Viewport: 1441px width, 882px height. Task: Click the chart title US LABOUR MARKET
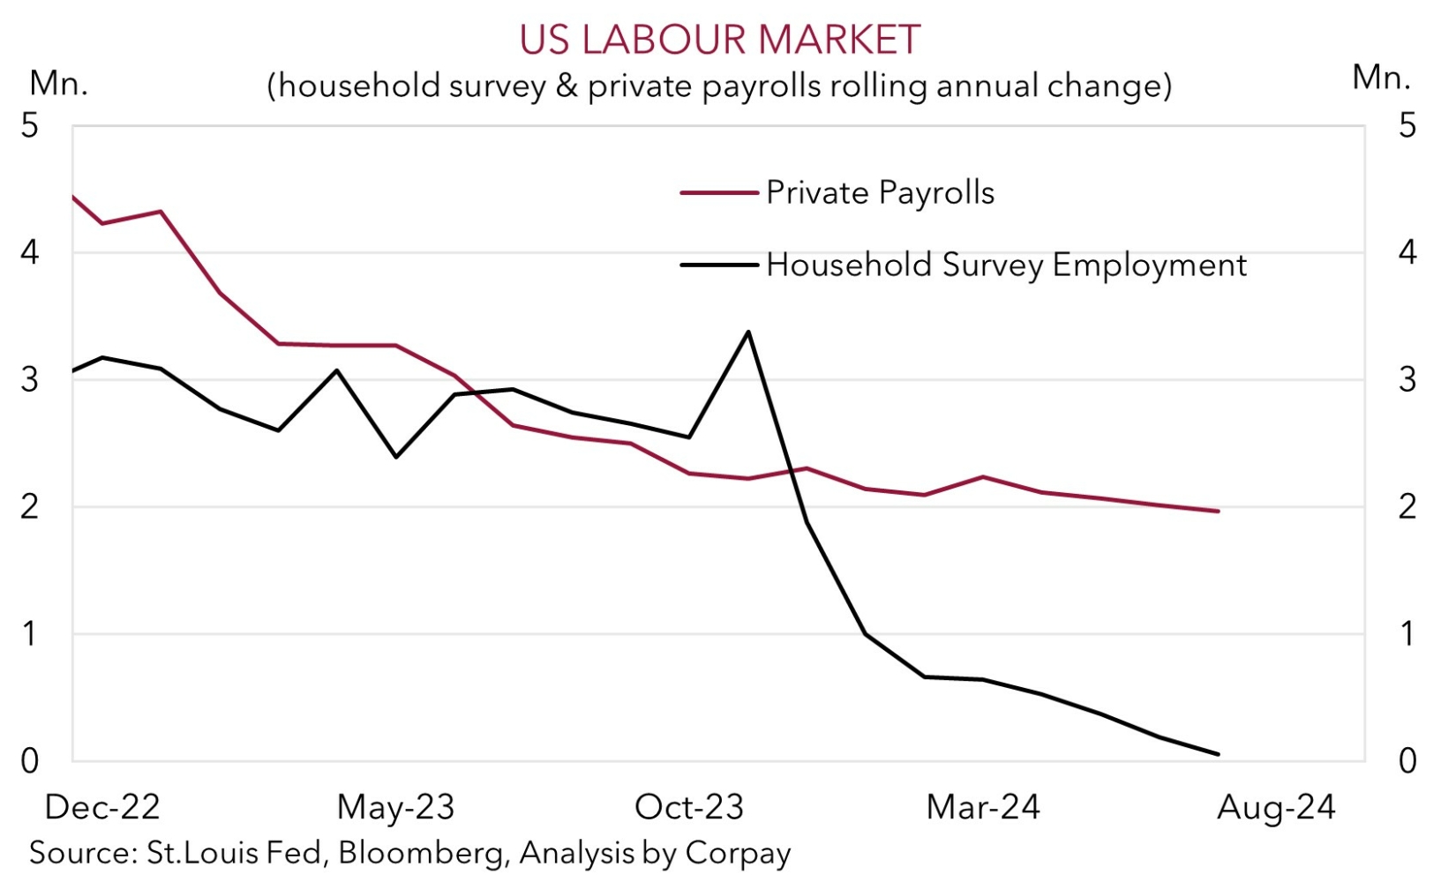point(719,40)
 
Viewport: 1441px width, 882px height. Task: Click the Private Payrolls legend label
point(880,192)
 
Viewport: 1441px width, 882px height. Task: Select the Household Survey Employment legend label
point(1006,265)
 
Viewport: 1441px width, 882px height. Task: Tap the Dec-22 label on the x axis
point(102,807)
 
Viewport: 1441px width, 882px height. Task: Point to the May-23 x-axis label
point(395,807)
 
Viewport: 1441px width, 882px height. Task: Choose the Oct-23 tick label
point(689,807)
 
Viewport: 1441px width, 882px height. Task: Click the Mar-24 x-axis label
point(983,807)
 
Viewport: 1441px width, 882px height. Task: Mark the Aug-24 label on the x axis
point(1276,807)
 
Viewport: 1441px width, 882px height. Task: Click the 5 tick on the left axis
point(30,125)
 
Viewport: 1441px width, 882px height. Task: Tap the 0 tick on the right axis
point(1407,760)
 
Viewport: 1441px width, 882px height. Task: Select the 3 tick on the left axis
point(30,379)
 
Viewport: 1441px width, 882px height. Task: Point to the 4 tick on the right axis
point(1407,252)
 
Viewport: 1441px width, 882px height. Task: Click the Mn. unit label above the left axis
point(58,83)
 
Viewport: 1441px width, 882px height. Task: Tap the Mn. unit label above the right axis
point(1381,78)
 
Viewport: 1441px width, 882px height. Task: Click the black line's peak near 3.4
point(748,332)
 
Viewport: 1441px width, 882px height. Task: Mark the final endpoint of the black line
point(1218,754)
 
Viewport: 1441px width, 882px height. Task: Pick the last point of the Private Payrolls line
point(1218,511)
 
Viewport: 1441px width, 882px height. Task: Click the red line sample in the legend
point(719,192)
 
